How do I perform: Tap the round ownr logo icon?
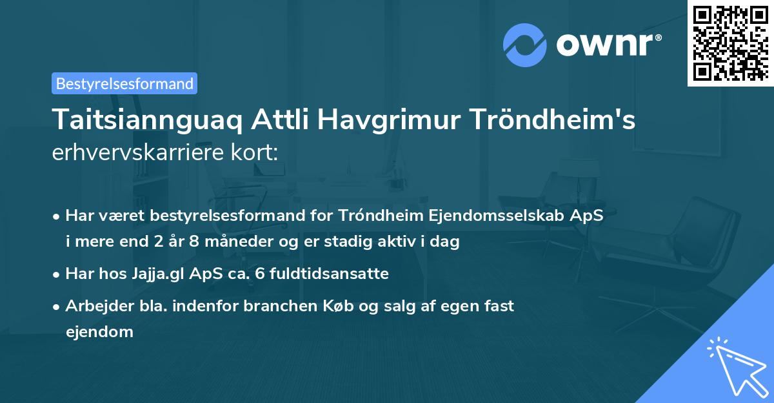click(x=525, y=45)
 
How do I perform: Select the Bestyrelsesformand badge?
click(x=124, y=83)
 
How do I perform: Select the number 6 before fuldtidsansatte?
click(x=259, y=274)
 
